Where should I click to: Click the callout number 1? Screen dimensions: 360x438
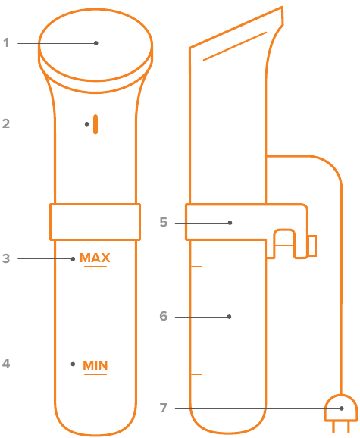coord(6,43)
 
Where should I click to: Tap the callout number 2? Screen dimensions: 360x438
coord(6,124)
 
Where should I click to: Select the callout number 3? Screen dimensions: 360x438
coord(6,258)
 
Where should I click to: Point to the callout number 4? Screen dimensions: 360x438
coord(6,364)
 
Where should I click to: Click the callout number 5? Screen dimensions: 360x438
coord(164,222)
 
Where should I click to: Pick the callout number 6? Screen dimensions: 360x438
coord(164,316)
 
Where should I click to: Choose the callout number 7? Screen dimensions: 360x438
coord(164,408)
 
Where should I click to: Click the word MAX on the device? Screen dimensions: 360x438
coord(95,258)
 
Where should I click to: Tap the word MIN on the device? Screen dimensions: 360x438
coord(95,365)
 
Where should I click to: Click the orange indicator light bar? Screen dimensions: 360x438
coord(95,124)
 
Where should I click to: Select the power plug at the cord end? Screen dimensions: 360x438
coord(341,414)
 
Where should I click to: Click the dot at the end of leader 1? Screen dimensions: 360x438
coord(96,43)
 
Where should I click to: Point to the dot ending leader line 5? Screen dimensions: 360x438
coord(230,223)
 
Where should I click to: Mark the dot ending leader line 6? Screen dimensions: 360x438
coord(230,317)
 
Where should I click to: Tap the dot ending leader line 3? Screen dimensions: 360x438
coord(73,259)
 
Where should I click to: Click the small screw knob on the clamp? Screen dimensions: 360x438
coord(312,246)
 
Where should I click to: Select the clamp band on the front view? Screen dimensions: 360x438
coord(95,222)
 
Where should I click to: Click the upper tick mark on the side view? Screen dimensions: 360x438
coord(196,267)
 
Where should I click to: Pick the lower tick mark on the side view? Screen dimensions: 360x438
coord(196,374)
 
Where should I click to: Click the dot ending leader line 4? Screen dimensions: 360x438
coord(73,364)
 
